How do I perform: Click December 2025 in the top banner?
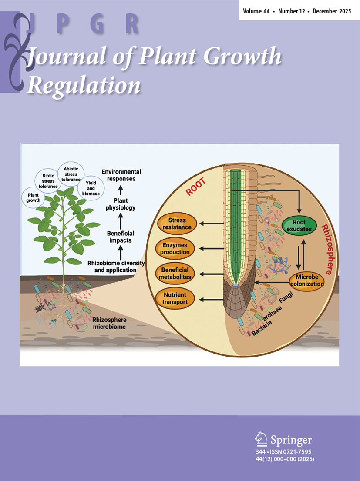point(333,10)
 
